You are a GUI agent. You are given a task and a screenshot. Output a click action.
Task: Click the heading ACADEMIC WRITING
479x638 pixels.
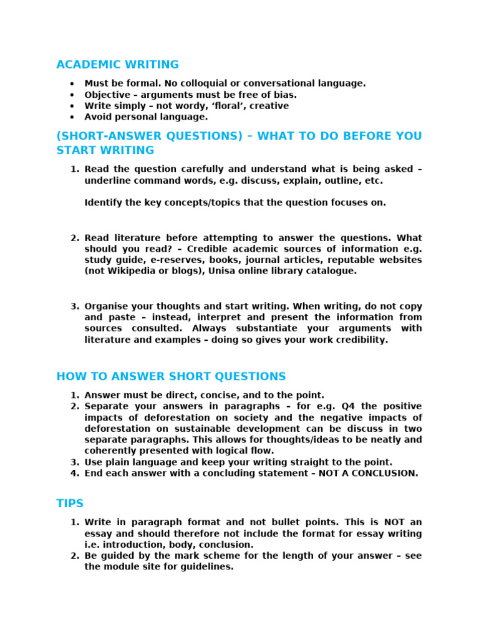[117, 65]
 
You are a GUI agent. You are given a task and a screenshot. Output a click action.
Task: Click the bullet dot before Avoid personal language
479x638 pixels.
[72, 117]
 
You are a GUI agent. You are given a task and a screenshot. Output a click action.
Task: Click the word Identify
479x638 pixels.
[103, 202]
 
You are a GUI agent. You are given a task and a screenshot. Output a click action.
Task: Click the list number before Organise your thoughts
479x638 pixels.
[74, 307]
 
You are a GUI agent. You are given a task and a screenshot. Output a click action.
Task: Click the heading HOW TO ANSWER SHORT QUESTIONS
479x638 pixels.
[171, 376]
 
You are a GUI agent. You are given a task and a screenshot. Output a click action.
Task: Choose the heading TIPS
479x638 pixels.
[70, 503]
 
